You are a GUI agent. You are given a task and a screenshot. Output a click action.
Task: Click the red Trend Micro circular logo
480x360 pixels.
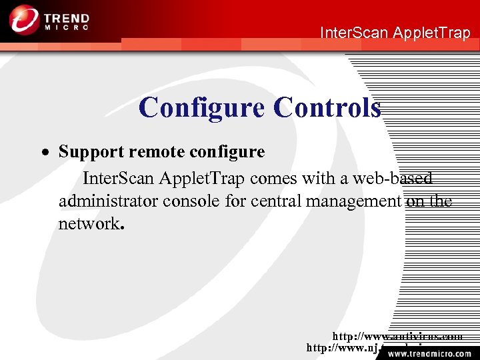tap(25, 19)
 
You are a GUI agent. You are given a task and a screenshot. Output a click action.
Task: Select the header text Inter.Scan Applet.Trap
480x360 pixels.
tap(395, 32)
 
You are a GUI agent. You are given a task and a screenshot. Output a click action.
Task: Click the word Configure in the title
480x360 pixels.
tap(202, 107)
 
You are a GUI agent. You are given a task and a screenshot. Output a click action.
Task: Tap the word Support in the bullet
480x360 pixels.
tap(91, 152)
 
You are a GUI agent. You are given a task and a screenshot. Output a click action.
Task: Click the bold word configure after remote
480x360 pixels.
tap(227, 152)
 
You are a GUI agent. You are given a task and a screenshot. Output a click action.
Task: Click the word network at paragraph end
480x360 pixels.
tap(89, 223)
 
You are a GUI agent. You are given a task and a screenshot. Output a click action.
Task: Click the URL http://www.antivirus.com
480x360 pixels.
tap(397, 337)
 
